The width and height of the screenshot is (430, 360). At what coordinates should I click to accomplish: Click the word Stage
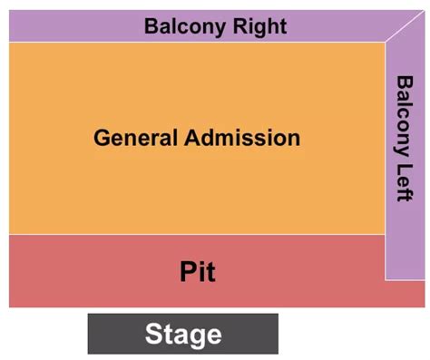coord(182,335)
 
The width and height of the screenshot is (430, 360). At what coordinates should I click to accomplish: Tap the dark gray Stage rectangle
coord(109,334)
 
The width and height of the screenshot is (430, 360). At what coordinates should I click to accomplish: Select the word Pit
coord(197,270)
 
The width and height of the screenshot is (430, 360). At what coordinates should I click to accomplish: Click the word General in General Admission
coord(134,139)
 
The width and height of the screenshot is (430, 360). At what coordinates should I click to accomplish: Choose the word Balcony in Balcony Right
coord(184,26)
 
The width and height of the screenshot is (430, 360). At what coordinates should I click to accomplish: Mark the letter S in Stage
coord(154,335)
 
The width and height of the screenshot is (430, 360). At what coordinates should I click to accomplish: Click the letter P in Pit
coord(186,270)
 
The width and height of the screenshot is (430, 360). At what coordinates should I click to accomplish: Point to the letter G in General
coord(102,139)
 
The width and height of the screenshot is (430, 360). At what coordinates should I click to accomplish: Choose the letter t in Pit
coord(210,270)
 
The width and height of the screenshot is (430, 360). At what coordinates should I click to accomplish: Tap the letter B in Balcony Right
coord(151,26)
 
